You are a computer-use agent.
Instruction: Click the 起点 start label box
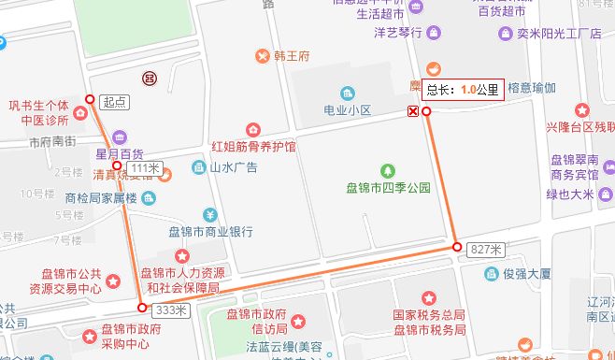tap(115, 101)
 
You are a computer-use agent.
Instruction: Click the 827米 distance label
tap(486, 249)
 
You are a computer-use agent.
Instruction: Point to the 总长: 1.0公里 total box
tap(463, 90)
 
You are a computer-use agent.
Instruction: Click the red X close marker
tap(412, 112)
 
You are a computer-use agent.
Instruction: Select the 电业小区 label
tap(348, 110)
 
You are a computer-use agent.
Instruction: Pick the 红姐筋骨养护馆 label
tap(253, 147)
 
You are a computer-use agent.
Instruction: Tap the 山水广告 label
tap(233, 167)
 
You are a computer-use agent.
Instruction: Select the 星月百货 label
tap(119, 153)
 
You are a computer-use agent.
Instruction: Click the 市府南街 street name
tap(51, 143)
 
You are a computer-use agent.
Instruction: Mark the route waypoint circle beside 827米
tap(457, 247)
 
